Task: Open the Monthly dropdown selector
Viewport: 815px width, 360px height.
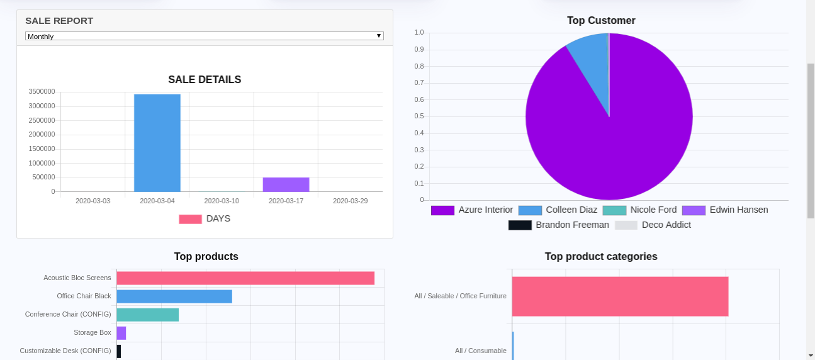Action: [x=204, y=36]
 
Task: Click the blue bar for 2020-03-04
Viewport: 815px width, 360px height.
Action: [x=157, y=143]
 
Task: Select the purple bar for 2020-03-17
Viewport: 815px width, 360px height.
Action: [x=286, y=184]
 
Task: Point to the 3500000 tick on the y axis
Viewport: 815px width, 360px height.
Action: [x=42, y=92]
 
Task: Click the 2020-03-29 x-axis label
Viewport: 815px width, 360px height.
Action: [x=350, y=201]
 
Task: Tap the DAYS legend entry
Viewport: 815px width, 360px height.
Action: [x=205, y=219]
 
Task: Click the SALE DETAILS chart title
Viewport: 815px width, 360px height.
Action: [x=205, y=80]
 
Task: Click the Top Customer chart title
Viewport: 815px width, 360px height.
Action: [x=601, y=21]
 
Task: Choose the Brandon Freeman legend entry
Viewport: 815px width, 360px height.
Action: [x=559, y=225]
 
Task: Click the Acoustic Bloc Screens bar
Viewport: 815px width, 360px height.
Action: [x=245, y=278]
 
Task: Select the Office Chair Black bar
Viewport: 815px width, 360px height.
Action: [x=174, y=296]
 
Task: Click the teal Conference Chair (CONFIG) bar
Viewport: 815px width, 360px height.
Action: [x=148, y=315]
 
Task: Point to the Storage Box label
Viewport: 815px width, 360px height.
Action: [x=92, y=332]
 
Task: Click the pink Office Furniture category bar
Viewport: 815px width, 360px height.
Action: [x=620, y=296]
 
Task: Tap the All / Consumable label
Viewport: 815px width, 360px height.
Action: [x=480, y=351]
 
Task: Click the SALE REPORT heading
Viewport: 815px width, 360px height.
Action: [x=59, y=21]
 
